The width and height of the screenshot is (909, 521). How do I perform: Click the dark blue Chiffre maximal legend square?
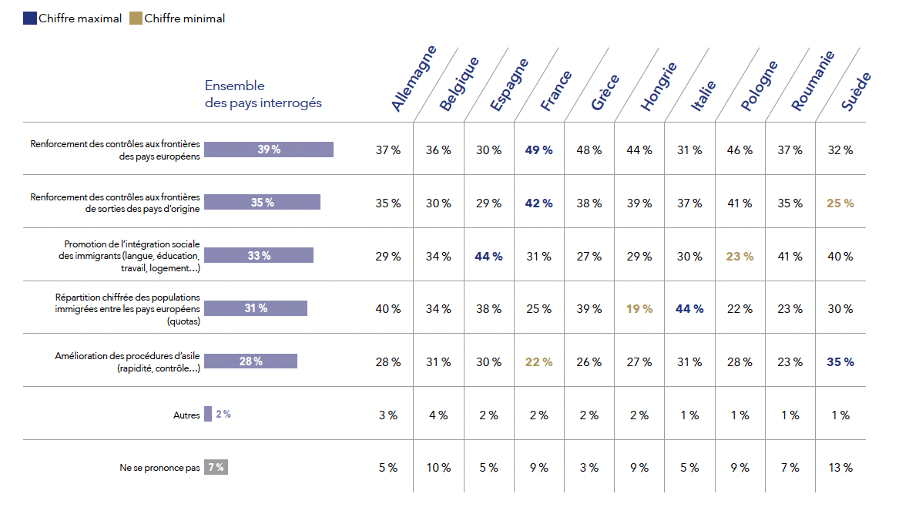coord(30,18)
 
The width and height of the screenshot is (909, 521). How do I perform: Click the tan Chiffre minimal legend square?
coord(136,18)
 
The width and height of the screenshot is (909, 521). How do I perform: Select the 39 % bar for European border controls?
coord(268,150)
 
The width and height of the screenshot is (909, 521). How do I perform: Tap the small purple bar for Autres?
coord(207,414)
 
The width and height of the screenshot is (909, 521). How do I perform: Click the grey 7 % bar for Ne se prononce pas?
coord(216,467)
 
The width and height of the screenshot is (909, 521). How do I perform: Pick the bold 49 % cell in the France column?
coord(538,150)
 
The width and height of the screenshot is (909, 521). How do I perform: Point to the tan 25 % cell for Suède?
coord(840,203)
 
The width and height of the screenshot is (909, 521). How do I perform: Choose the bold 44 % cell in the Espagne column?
coord(488,256)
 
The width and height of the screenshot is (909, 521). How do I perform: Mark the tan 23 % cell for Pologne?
coord(740,256)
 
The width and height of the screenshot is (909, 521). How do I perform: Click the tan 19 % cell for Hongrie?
coord(639,308)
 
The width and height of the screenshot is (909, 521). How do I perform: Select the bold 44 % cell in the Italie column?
coord(689,308)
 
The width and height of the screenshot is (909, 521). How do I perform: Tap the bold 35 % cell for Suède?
coord(840,361)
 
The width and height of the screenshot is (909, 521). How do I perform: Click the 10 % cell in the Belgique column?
coord(438,468)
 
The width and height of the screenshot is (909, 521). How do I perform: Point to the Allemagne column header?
coord(414,79)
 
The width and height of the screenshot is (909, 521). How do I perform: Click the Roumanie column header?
coord(813,82)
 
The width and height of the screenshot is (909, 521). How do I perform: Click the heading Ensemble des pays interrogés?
coord(263,94)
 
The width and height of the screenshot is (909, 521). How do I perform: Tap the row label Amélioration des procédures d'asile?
coord(127,361)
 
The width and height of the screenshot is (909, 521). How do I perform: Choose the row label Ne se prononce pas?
coord(159,468)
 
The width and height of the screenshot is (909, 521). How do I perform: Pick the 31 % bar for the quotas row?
coord(255,308)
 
